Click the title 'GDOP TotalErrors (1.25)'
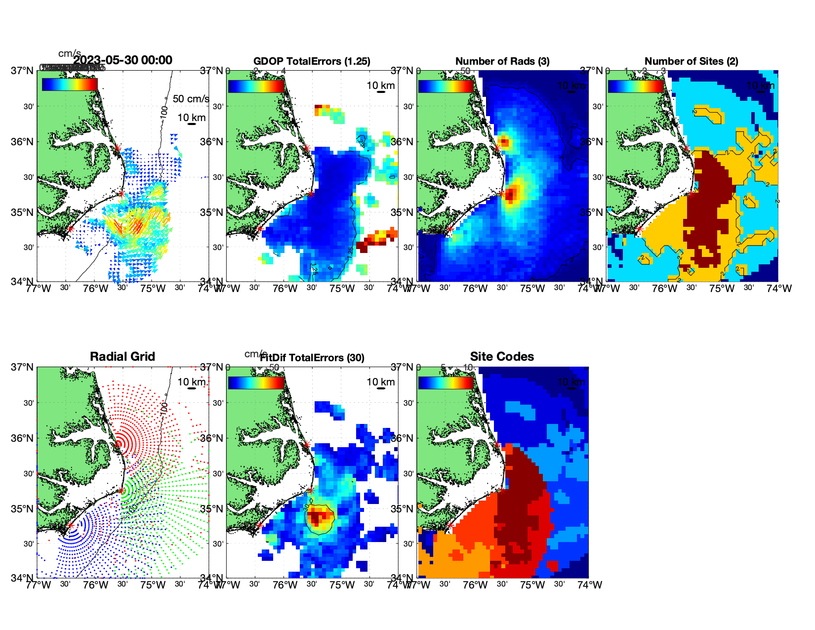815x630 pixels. coord(312,61)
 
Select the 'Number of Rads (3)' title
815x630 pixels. coord(502,61)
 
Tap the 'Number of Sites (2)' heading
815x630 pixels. coord(691,61)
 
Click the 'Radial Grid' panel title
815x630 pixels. coord(122,357)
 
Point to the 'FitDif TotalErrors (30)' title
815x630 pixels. coord(312,358)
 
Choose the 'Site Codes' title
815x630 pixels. coord(502,357)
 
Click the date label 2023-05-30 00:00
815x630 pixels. coord(123,60)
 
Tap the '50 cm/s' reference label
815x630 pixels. coord(191,99)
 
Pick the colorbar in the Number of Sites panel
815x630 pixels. coord(636,86)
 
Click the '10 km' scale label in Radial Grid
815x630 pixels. coord(192,381)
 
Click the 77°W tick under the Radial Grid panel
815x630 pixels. coord(39,585)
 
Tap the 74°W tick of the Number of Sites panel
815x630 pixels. coord(779,289)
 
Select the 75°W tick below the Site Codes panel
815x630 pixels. coord(532,585)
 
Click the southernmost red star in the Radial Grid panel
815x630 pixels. coord(70,526)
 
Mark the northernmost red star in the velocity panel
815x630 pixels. coord(117,148)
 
